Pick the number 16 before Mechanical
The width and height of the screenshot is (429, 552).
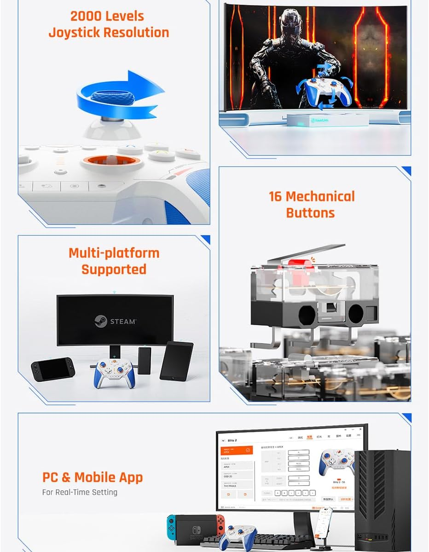(x=275, y=196)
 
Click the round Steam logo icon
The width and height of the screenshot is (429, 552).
(x=100, y=321)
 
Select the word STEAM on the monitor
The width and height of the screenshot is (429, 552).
(x=123, y=322)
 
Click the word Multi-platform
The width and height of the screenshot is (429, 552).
(x=114, y=253)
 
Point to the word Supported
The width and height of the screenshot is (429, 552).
(x=114, y=269)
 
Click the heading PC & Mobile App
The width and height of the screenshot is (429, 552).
(x=93, y=477)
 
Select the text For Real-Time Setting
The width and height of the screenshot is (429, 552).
(x=80, y=492)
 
